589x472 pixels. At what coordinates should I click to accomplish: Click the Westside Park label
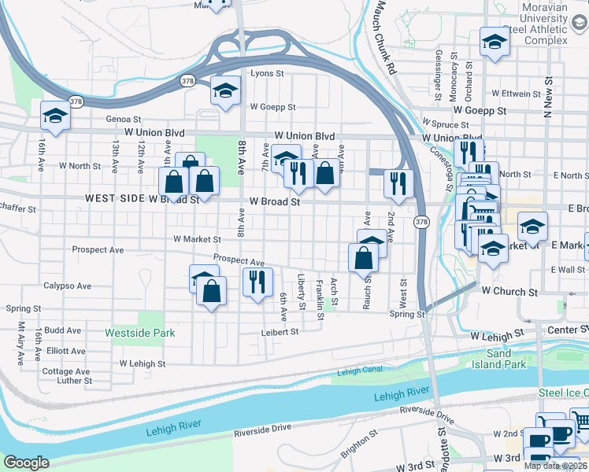140,333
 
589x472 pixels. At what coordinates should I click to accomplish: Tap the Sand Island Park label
499,359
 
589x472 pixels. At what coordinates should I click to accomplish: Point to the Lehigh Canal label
359,371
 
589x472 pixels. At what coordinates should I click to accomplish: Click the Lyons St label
266,73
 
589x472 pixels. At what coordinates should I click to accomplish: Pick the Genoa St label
123,120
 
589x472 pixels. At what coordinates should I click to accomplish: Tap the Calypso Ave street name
63,286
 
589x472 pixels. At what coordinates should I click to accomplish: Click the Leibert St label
280,332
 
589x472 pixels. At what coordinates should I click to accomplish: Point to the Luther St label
75,381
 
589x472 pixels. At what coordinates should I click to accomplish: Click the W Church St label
509,291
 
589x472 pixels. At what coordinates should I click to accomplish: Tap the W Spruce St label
446,124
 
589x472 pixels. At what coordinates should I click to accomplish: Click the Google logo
26,463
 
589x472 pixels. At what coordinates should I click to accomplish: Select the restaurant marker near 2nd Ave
398,183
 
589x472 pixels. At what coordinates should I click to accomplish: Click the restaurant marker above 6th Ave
257,281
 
